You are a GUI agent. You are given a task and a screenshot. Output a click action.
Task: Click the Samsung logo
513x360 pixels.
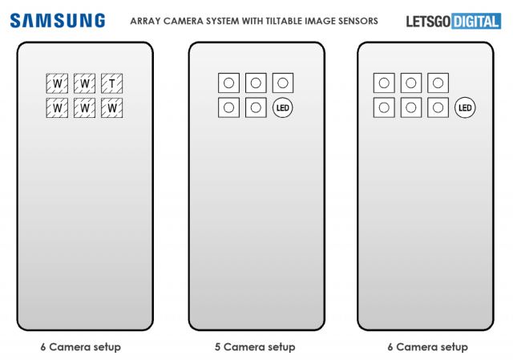[58, 21]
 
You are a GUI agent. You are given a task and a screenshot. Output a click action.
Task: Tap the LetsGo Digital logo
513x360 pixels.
[454, 22]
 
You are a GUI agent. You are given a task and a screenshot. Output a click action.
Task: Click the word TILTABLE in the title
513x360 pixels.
[284, 21]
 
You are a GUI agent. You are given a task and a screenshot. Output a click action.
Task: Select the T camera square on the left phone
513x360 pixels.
[112, 83]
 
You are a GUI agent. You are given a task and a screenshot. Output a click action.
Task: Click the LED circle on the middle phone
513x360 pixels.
[283, 107]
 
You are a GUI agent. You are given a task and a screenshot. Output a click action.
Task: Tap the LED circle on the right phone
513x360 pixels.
[465, 107]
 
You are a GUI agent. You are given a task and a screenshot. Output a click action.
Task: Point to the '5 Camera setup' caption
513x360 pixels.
[255, 347]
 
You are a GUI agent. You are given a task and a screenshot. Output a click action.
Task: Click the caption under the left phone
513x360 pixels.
[81, 347]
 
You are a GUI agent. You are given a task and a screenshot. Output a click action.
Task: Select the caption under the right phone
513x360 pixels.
[427, 347]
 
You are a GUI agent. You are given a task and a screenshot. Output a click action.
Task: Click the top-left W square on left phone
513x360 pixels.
[57, 83]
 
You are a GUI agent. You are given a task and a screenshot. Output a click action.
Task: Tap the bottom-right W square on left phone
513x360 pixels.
[112, 108]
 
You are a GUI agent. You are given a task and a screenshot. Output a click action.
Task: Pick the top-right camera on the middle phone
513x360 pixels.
[283, 83]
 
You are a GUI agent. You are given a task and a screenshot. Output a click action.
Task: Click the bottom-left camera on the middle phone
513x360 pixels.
[228, 107]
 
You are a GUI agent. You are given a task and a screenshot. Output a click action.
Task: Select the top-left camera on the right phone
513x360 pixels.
[384, 83]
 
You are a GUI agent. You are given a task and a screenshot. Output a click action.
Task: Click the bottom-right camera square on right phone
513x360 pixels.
[438, 107]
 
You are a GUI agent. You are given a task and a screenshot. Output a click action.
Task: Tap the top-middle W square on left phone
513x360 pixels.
[84, 83]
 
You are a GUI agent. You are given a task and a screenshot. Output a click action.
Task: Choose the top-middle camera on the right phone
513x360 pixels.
[411, 83]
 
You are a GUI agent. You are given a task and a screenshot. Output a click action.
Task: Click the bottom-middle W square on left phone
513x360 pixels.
[84, 108]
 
